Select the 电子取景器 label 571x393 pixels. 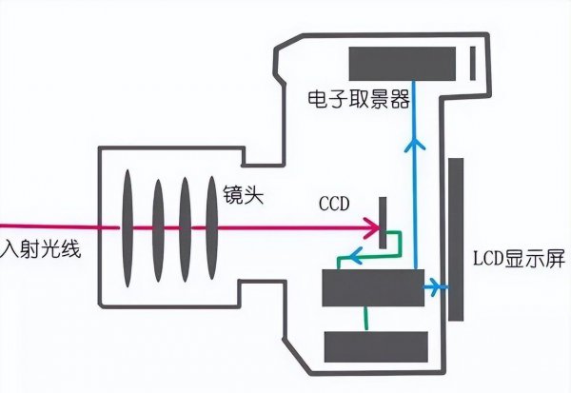coord(346,97)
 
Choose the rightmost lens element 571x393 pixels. coord(209,228)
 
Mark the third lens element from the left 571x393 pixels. coord(184,228)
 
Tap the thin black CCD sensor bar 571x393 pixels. coord(384,223)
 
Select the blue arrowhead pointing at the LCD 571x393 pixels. coord(438,285)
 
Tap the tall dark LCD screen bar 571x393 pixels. coord(456,240)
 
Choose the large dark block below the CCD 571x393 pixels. coord(371,287)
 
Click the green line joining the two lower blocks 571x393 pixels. coord(364,318)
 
